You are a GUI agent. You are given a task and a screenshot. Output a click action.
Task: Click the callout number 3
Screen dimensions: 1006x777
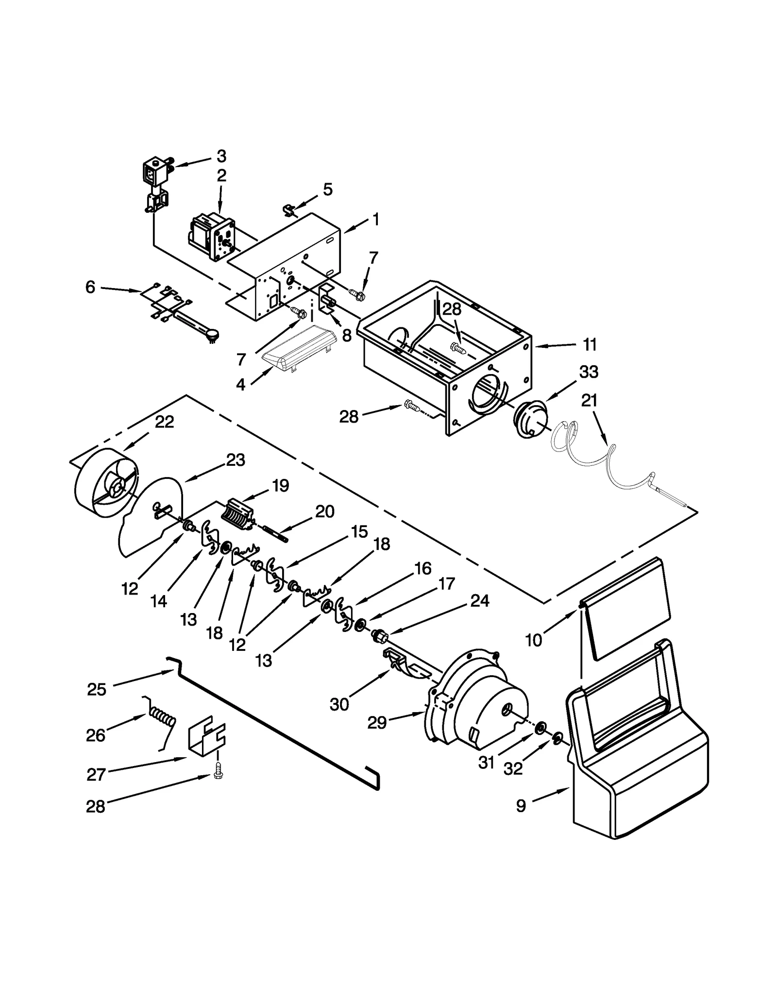221,156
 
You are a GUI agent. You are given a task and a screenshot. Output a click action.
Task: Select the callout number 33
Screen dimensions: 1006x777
589,372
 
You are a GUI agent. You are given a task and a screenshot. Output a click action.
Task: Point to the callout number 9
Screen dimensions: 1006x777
520,806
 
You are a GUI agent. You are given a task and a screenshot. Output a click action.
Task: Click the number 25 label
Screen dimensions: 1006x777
96,689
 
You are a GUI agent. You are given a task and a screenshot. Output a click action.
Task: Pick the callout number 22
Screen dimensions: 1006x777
164,422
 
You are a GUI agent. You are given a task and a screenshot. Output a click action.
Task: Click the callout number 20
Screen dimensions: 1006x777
324,512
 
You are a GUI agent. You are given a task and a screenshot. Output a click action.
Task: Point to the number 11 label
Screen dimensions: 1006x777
589,345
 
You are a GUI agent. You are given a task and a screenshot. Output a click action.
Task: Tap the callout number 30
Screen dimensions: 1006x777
339,704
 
